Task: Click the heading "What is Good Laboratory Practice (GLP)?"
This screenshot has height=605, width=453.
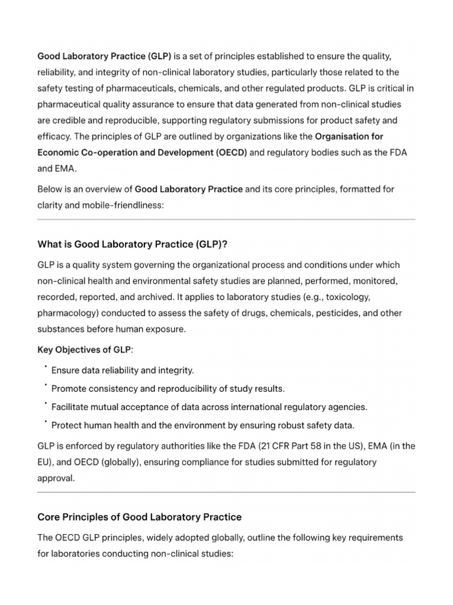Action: [x=140, y=244]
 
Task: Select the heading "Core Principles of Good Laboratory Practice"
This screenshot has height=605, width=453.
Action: [x=139, y=517]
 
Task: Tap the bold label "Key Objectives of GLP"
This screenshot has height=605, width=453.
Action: [x=84, y=350]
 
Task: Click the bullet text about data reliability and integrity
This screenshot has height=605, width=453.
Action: [x=123, y=370]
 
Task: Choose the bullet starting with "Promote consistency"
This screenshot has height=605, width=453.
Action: [x=168, y=389]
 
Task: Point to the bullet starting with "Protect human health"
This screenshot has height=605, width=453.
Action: [x=203, y=425]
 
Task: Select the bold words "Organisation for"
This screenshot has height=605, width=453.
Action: [x=349, y=136]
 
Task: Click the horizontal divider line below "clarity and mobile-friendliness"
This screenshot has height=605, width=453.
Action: [x=226, y=219]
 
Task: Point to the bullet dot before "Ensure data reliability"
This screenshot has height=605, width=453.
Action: [x=45, y=367]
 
